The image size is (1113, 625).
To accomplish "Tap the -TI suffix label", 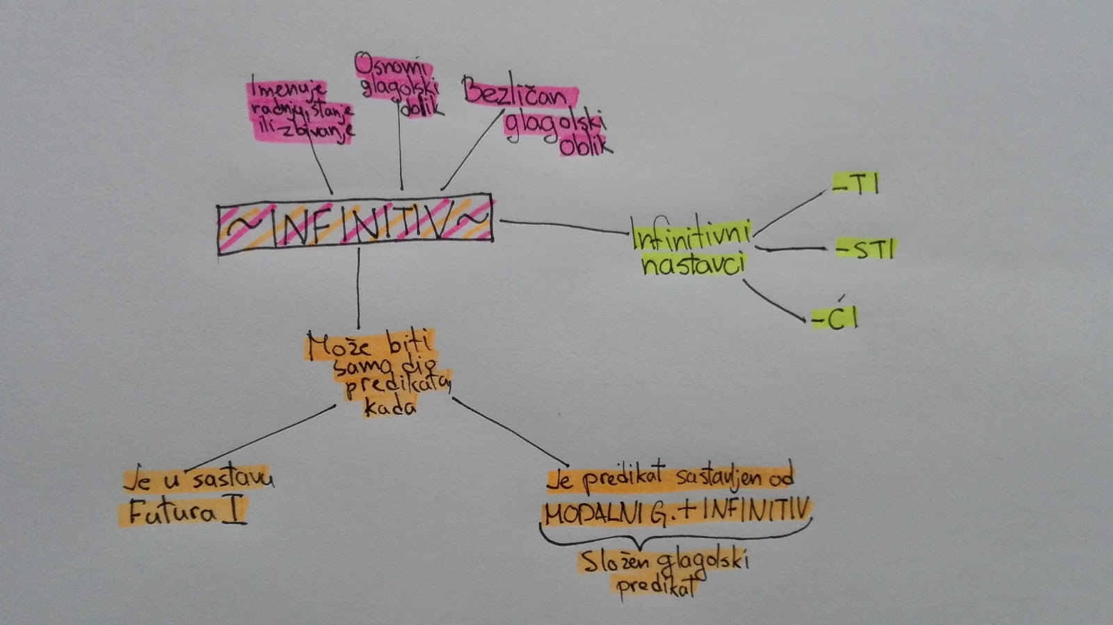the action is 856,184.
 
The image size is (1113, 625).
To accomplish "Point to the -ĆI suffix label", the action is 835,318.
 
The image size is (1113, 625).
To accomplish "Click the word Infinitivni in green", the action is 691,235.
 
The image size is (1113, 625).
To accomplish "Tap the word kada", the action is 390,407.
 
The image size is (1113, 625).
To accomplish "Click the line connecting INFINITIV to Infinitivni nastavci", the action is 563,226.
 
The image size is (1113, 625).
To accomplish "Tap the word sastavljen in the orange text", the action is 716,477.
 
